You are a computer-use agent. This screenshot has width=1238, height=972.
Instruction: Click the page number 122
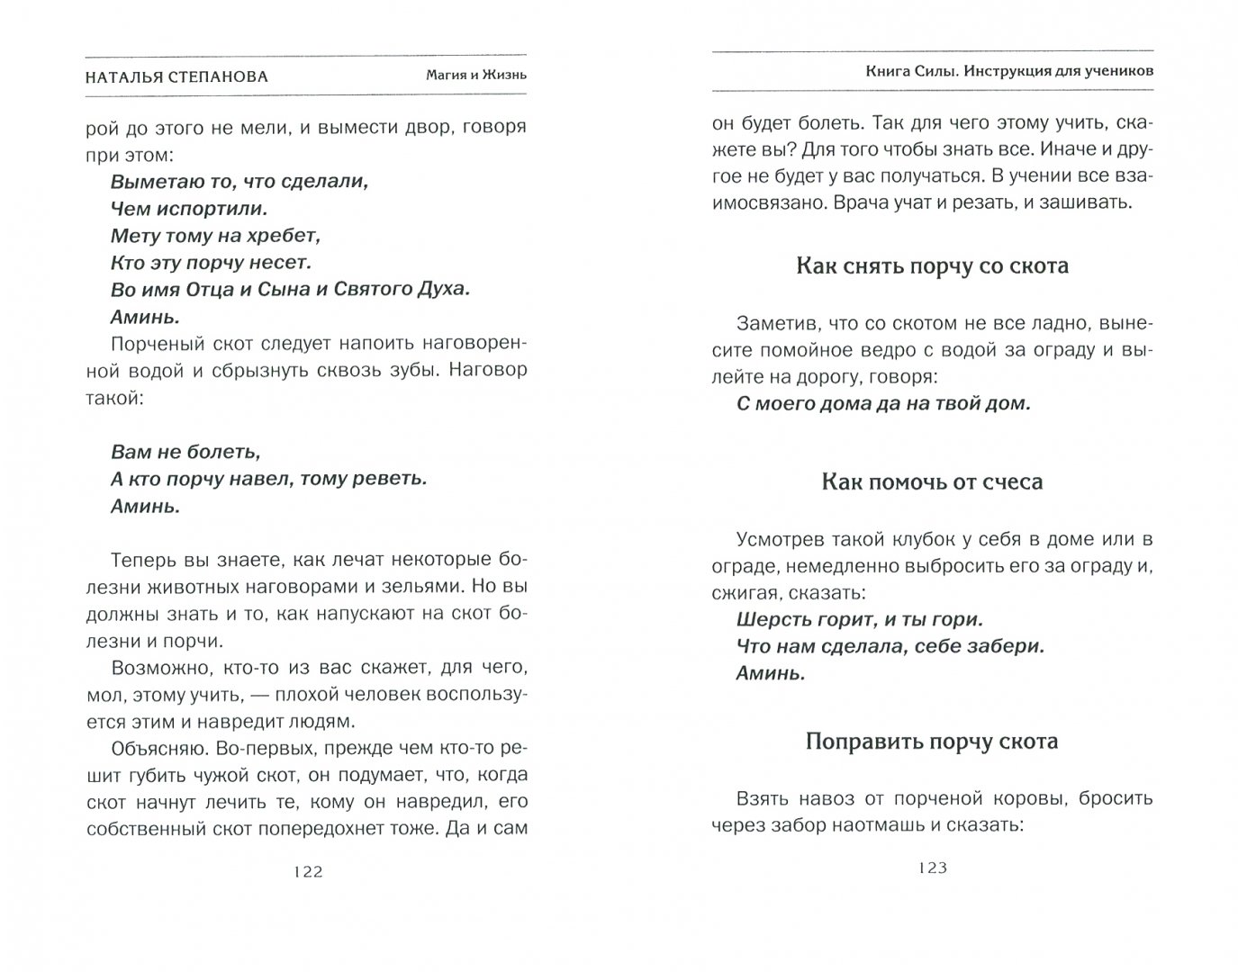(307, 871)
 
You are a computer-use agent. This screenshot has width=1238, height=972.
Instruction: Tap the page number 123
(933, 868)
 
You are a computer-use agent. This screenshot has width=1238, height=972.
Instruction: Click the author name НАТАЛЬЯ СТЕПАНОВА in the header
(176, 76)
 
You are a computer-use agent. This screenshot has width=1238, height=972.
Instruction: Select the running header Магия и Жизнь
(476, 76)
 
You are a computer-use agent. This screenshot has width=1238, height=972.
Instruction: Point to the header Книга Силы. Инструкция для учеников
(1005, 70)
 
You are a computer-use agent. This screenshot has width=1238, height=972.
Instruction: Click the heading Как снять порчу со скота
(932, 266)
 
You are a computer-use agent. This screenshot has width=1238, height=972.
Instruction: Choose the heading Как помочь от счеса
(932, 482)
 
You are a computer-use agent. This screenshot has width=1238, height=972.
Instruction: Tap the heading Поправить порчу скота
(932, 742)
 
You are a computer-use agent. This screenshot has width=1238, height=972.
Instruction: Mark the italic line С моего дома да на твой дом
(882, 404)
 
